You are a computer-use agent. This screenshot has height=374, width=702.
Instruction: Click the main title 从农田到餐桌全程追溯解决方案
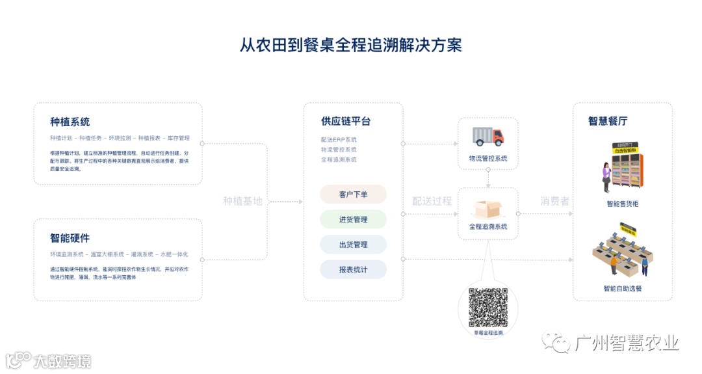coord(351,45)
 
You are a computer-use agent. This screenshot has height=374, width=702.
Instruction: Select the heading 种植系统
coord(70,122)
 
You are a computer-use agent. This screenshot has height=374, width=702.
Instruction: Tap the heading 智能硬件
coord(70,238)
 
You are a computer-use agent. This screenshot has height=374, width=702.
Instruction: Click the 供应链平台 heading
coord(346,122)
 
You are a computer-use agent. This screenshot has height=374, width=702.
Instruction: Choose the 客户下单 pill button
coord(353,194)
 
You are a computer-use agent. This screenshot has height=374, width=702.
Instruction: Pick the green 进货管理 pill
coord(353,220)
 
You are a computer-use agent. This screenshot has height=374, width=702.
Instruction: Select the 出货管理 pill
coord(353,245)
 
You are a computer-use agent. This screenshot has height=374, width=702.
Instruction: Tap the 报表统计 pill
coord(353,269)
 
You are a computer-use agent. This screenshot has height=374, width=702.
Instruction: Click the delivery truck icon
coord(488,136)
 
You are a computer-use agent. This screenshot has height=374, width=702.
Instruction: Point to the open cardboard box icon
coord(488,208)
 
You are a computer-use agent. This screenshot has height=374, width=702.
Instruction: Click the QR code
coord(488,306)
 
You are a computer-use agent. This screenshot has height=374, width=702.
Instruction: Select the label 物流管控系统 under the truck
coord(488,159)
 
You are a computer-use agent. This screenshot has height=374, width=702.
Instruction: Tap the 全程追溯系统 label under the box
coord(488,227)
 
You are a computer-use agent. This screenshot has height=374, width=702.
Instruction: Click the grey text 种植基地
coord(242,202)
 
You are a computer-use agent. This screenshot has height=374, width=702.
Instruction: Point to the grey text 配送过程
coord(432,201)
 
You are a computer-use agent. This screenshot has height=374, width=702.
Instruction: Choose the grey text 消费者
coord(554,201)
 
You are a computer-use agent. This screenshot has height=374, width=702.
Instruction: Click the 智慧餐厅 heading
coord(608,122)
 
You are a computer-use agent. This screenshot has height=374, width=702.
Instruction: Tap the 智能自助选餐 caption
coord(622,288)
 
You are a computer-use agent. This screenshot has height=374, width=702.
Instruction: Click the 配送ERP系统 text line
coord(339,140)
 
